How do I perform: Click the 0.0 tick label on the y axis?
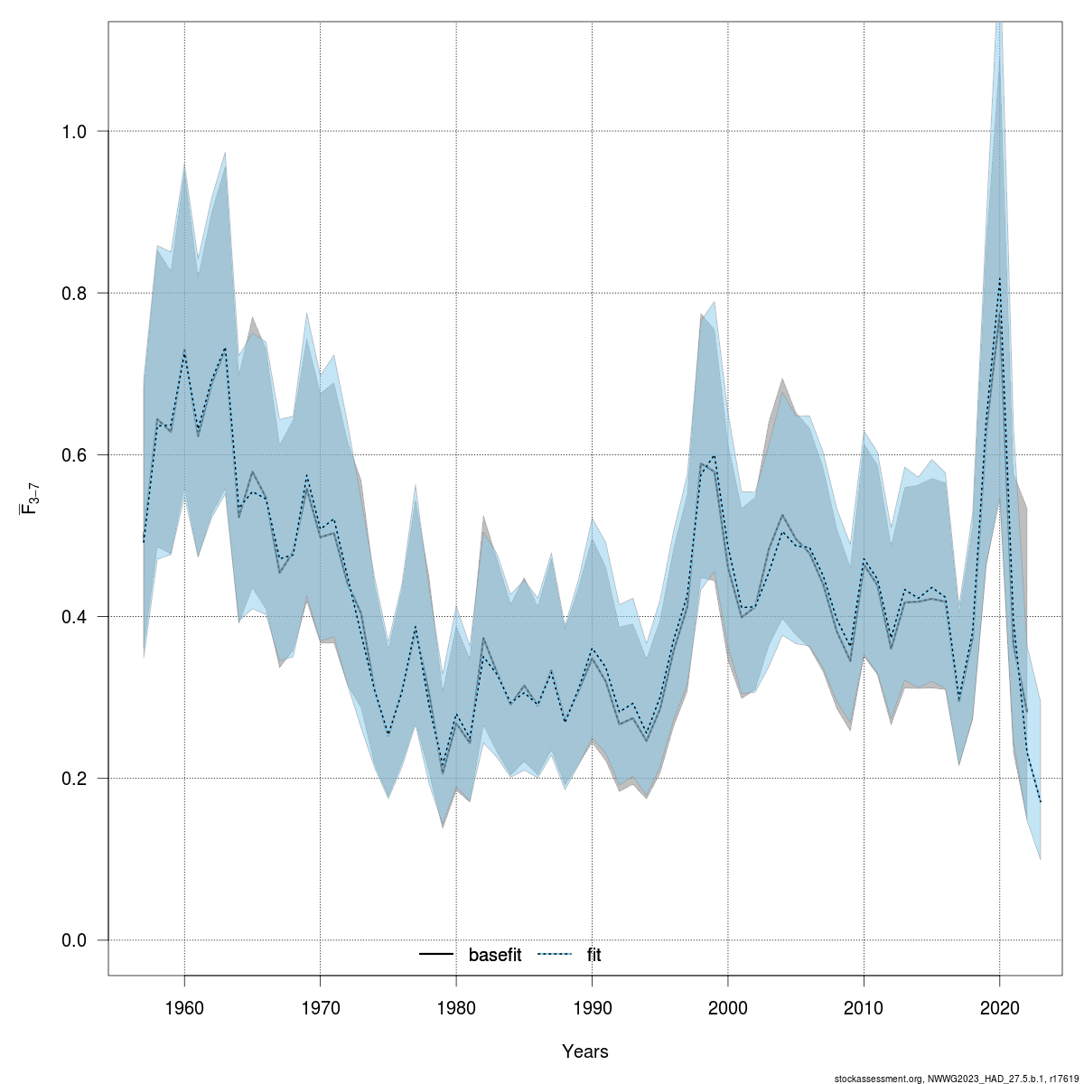point(80,940)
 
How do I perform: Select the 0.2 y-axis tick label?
point(80,779)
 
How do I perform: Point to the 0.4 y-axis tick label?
point(80,617)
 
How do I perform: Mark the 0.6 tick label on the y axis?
point(80,455)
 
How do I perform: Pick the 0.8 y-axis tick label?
point(80,294)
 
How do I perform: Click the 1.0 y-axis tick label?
point(80,132)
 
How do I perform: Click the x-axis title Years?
point(585,1051)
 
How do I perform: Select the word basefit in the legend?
point(494,955)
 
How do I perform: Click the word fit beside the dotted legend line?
point(593,955)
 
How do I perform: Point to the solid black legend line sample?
point(437,955)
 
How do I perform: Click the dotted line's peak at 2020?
point(999,278)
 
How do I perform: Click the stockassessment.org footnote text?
point(957,1078)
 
